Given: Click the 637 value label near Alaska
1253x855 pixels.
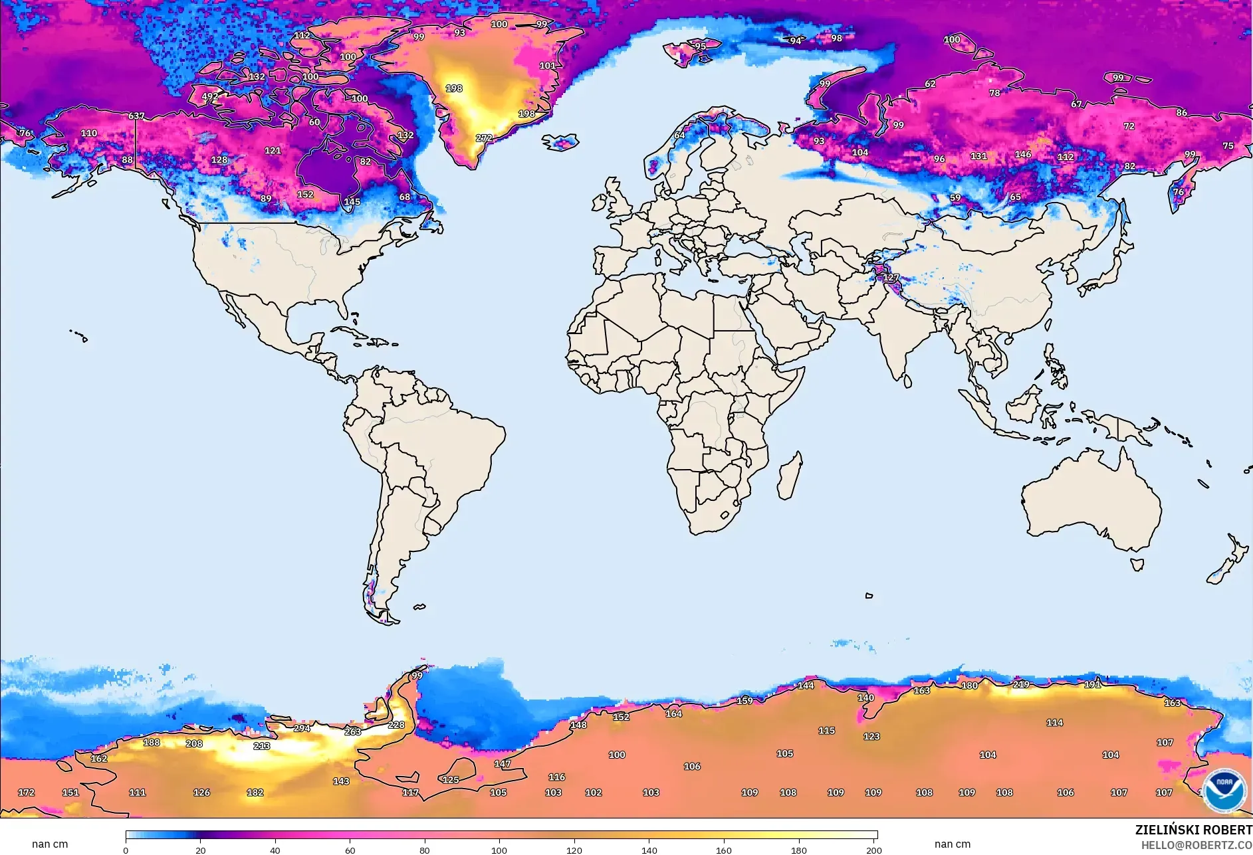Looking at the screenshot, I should coord(136,116).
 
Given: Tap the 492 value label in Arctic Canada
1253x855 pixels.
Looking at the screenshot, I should coord(210,96).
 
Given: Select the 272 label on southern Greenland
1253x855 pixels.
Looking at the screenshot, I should coord(484,138).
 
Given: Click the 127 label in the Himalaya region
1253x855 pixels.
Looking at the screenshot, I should coord(891,277).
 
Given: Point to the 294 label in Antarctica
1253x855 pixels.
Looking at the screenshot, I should coord(302,728).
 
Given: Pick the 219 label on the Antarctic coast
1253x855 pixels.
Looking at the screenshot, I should coord(1021,684).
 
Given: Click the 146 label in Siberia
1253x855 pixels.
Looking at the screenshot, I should coord(1023,154).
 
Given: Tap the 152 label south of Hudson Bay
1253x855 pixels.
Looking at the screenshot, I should coord(305,195).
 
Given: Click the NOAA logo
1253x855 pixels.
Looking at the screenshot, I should coord(1224,790).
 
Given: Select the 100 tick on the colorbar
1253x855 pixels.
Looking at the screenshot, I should coord(499,850).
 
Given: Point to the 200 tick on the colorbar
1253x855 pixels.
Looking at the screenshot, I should coord(874,850).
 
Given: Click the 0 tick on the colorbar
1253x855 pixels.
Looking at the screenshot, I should coord(126,850).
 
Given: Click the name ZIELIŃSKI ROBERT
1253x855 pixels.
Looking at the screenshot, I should coord(1193,830).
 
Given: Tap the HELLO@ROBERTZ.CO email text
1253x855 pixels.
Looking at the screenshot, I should coord(1196,845).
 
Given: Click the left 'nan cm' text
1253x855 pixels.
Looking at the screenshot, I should coord(50,844).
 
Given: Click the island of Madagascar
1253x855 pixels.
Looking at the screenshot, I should coord(790,476).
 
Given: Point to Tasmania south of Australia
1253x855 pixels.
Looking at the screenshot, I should coord(1137,565).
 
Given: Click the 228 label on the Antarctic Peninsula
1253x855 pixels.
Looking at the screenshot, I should coord(396,725).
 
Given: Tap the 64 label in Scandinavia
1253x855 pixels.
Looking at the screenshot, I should coord(679,135).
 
